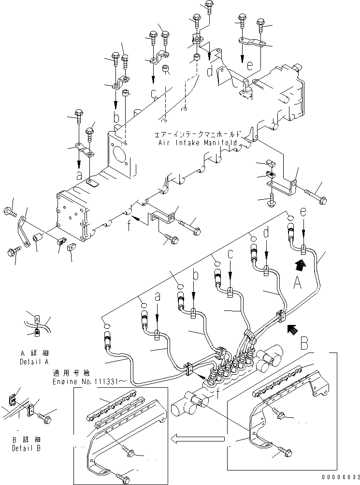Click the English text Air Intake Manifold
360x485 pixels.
(x=198, y=144)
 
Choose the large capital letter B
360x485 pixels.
(x=303, y=344)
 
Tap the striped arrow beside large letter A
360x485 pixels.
(x=300, y=264)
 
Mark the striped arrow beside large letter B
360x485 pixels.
(x=291, y=330)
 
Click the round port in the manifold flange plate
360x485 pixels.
(x=119, y=155)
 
